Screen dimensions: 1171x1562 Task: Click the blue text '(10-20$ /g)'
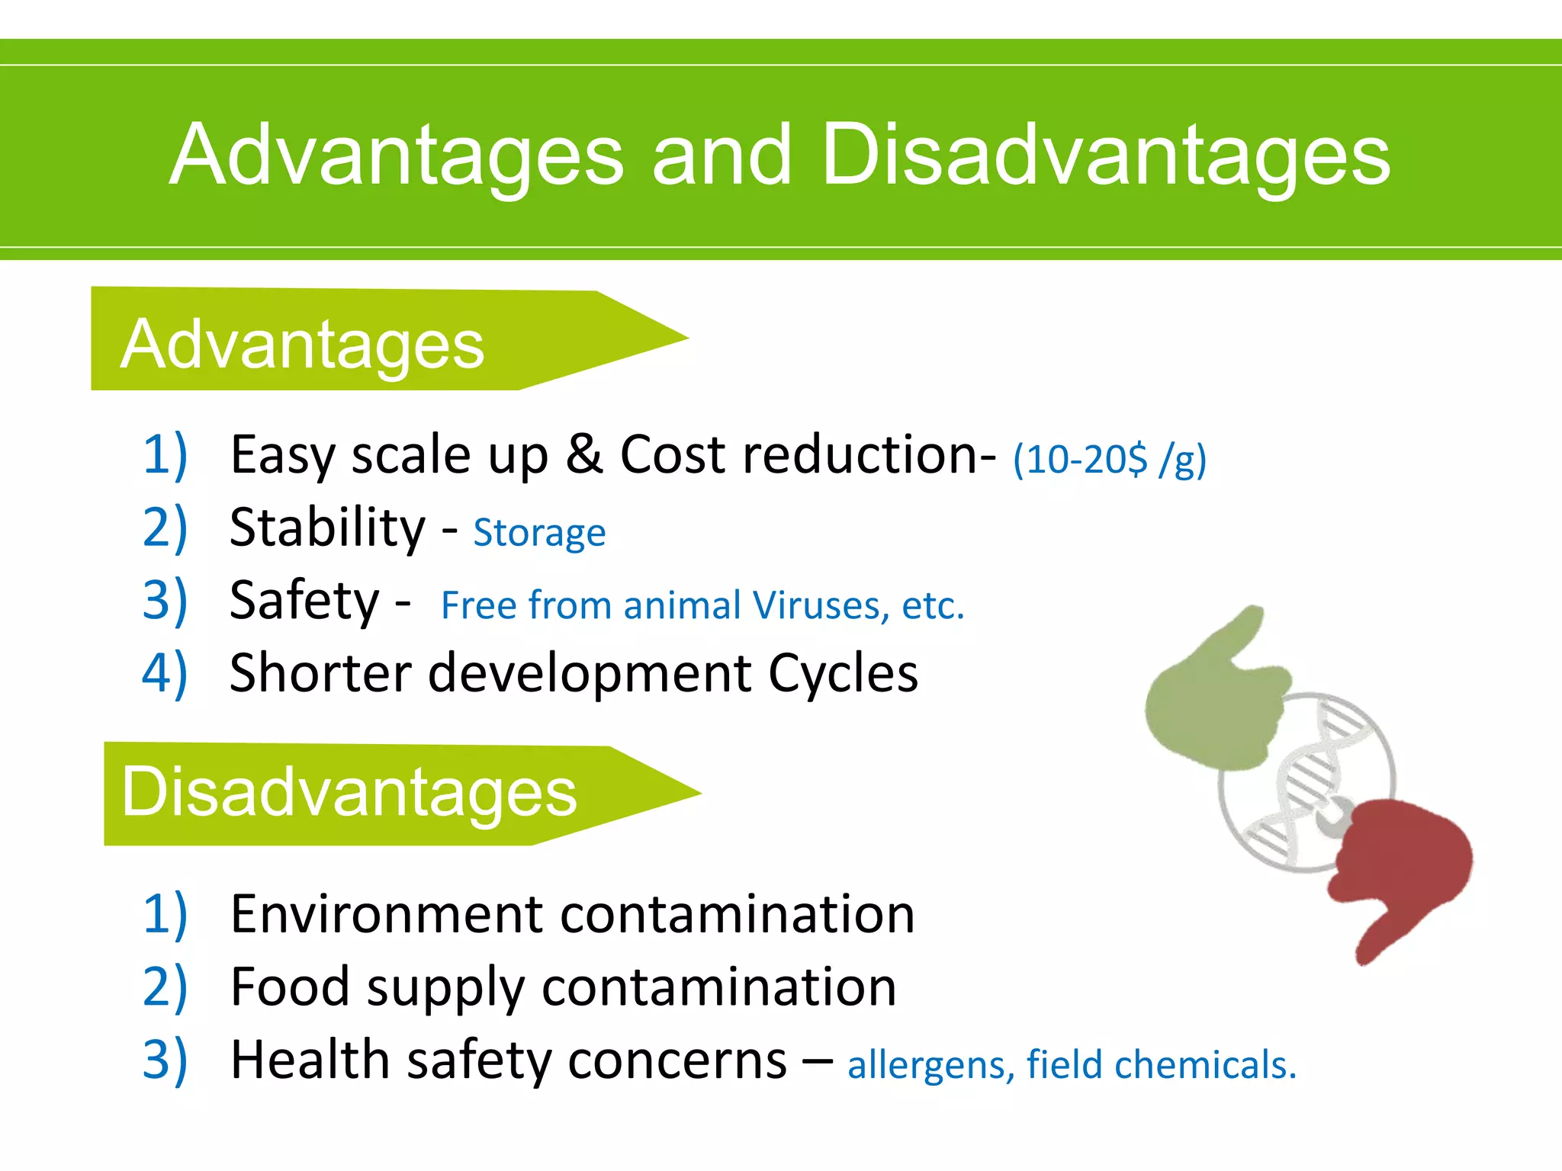(x=1110, y=460)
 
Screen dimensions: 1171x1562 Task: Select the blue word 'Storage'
(x=539, y=533)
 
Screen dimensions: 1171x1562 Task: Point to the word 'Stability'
(x=327, y=528)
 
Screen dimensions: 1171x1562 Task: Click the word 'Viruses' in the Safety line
(x=821, y=606)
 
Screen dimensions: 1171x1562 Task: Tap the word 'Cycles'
(x=843, y=673)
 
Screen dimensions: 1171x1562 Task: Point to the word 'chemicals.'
(x=1205, y=1064)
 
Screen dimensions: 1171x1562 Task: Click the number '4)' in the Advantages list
(x=165, y=673)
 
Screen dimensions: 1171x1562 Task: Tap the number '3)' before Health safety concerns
(x=165, y=1060)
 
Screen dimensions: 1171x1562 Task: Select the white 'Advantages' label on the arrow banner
(x=302, y=345)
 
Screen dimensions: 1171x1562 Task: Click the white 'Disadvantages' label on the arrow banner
(x=349, y=792)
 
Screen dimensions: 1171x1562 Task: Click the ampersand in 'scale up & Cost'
(x=584, y=454)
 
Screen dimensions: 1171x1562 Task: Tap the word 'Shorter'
(x=320, y=673)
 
